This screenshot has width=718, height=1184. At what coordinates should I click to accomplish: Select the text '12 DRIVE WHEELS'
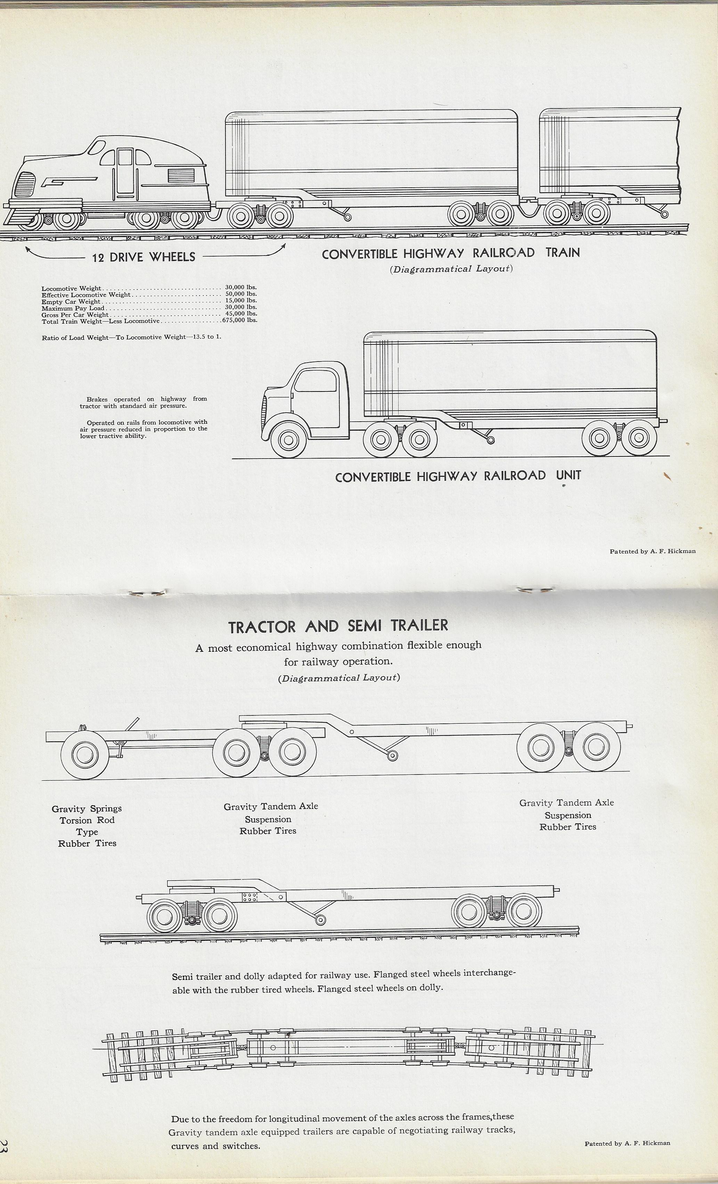[x=144, y=257]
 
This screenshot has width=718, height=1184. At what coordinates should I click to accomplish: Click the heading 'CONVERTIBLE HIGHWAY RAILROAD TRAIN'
[x=450, y=253]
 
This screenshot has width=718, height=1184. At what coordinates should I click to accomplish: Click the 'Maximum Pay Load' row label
[x=73, y=308]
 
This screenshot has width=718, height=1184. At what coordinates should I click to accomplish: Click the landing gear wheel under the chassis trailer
[x=393, y=755]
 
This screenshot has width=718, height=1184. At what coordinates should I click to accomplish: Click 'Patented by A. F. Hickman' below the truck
[x=652, y=551]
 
